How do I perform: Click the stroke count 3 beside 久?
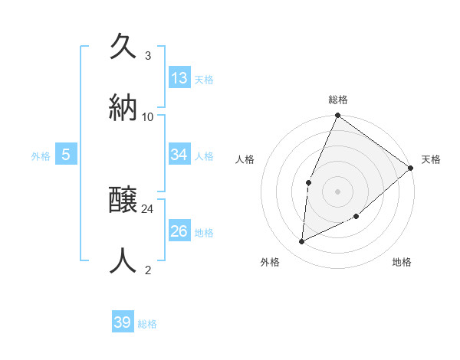pos(148,56)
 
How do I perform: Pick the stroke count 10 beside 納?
pos(148,116)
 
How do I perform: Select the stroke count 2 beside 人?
pos(148,270)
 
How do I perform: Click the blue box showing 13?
pos(179,78)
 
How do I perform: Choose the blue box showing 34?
pos(179,155)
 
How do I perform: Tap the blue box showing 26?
pos(179,231)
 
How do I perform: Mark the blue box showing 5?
pos(66,155)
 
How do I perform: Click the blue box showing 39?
pos(123,322)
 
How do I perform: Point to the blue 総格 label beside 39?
pos(148,324)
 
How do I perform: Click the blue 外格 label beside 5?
pos(41,156)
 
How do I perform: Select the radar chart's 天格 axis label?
pos(431,159)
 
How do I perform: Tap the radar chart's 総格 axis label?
pos(338,100)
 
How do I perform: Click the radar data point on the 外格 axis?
pos(302,242)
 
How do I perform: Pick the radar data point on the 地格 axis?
pos(356,217)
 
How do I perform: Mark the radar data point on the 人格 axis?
pos(308,182)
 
